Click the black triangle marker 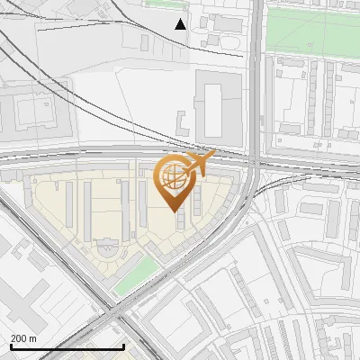pyautogui.click(x=181, y=23)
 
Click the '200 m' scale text pyautogui.click(x=23, y=338)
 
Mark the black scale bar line pyautogui.click(x=67, y=346)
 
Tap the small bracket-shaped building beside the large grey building pyautogui.click(x=183, y=124)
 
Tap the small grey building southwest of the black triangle pyautogui.click(x=144, y=42)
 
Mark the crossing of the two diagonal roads pyautogui.click(x=113, y=317)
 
